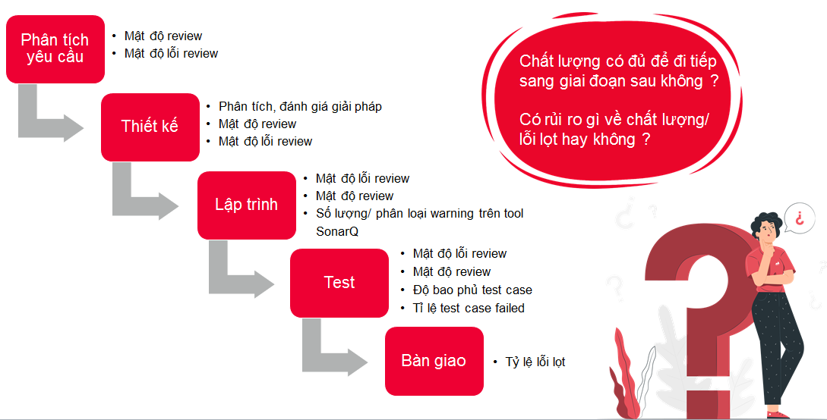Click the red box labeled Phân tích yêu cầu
(x=55, y=49)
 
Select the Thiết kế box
(x=150, y=127)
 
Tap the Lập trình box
(x=247, y=205)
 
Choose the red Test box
(x=339, y=283)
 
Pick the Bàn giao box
(x=434, y=361)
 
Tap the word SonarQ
(x=337, y=231)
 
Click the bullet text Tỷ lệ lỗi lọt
(x=535, y=362)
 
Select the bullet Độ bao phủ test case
(x=472, y=290)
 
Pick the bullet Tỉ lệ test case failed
(x=469, y=308)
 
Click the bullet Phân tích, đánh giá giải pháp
(x=300, y=107)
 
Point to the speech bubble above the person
(x=800, y=218)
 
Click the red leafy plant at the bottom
(x=626, y=375)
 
